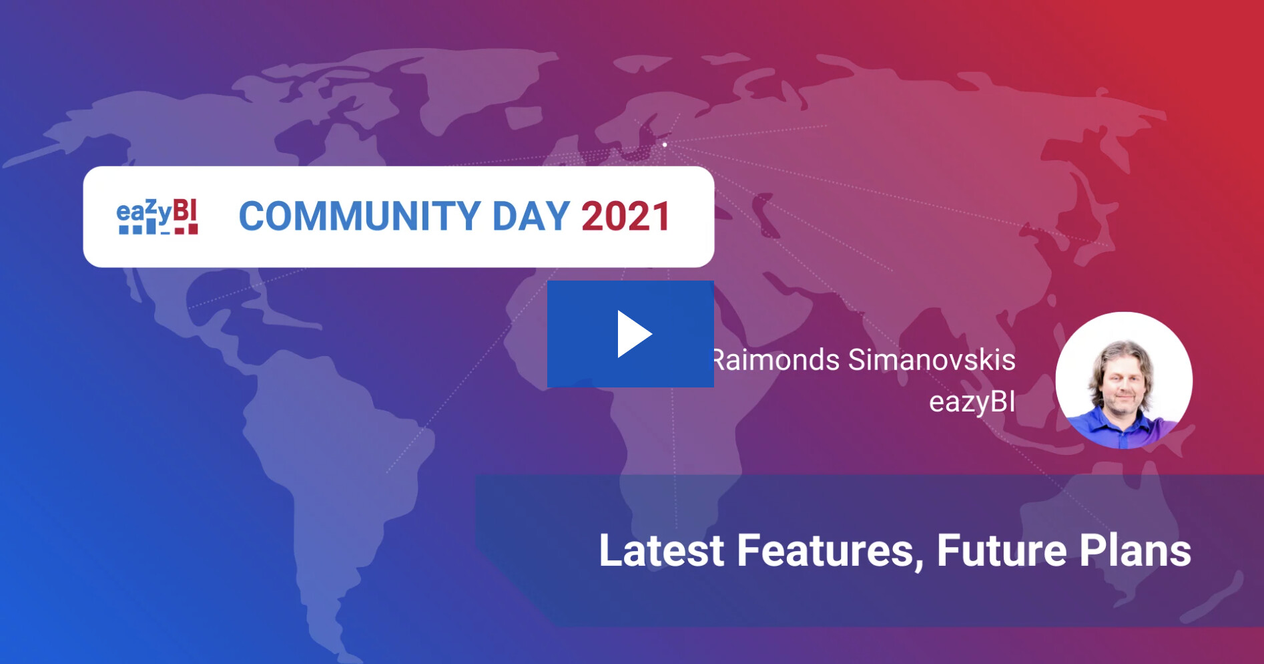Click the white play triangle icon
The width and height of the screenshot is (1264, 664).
633,334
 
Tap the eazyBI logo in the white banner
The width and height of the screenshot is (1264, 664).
157,216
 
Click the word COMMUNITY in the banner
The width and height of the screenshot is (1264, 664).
360,216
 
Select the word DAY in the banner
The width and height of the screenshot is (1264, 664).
531,216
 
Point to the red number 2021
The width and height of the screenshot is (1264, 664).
626,216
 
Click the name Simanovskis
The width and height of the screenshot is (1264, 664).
932,360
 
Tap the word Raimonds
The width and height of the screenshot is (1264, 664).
777,360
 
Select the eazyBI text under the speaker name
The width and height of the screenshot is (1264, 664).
972,402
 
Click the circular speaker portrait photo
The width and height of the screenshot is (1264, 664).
1124,380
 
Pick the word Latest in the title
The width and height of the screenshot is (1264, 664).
661,550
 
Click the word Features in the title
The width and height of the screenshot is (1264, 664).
830,552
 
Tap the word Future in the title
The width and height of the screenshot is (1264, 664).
1002,550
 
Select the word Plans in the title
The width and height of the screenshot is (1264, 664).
1135,550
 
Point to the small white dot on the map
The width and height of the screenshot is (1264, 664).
665,144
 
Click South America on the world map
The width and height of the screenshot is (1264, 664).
334,468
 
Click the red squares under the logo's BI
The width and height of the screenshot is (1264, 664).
186,230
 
